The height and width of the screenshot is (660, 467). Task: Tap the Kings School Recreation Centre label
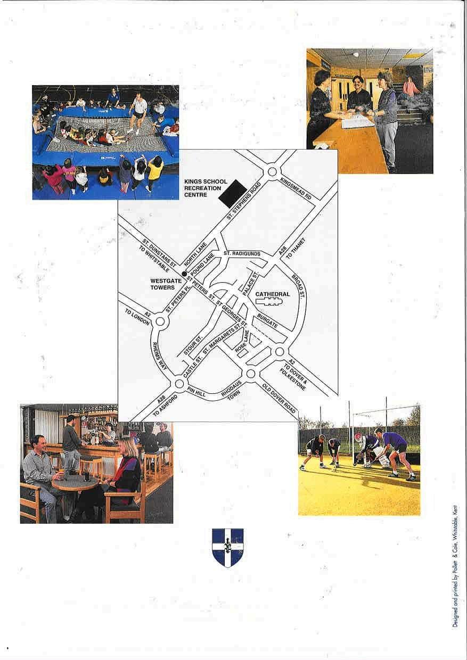(x=206, y=188)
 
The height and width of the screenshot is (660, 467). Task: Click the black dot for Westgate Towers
(x=184, y=274)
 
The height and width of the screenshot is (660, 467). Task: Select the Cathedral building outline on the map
(x=268, y=301)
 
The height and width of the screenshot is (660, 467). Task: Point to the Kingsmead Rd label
(x=296, y=188)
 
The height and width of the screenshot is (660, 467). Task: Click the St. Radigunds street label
(x=242, y=254)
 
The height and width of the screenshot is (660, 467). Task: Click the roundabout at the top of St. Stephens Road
(x=272, y=171)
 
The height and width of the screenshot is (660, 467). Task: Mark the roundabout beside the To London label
(x=160, y=321)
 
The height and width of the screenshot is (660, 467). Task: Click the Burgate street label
(x=267, y=321)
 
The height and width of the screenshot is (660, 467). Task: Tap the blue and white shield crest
(x=228, y=548)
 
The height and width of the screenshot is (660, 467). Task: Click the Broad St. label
(x=298, y=287)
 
